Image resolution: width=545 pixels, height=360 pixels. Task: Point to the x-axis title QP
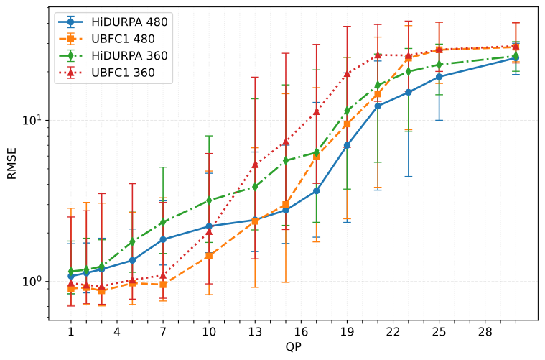tap(293, 349)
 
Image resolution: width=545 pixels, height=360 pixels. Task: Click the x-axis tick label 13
tap(255, 332)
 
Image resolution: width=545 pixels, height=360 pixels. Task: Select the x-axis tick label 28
tap(485, 332)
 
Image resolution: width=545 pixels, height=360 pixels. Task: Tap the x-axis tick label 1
tap(71, 332)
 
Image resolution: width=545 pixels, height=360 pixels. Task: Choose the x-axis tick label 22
tap(393, 332)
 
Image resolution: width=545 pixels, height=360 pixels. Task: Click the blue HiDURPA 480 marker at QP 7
tap(163, 239)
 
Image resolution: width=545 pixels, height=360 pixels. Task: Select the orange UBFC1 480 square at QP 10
tap(209, 255)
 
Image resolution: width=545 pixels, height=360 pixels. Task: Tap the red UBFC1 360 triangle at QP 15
tap(285, 142)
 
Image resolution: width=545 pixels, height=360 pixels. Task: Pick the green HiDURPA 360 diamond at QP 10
tap(209, 200)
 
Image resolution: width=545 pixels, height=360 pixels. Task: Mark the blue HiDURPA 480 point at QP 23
tap(408, 92)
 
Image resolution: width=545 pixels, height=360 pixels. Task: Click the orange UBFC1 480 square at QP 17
tap(316, 156)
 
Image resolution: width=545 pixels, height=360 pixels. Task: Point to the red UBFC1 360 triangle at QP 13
tap(255, 165)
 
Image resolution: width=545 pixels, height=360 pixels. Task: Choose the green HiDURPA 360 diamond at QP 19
tap(347, 111)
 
